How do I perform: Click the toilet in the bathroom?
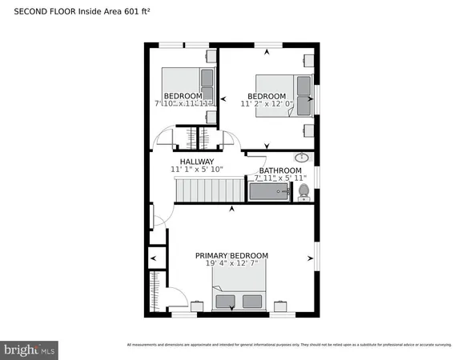coord(303,192)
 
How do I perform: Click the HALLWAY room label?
coord(196,161)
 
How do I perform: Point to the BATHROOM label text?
coord(280,170)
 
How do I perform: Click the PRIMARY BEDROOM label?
coord(231,256)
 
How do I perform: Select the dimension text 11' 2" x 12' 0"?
coord(267,103)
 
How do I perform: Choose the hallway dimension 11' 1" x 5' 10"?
coord(196,170)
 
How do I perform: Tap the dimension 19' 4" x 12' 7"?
coord(231,265)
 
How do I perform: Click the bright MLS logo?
coord(30,349)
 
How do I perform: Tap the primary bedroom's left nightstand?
coord(197,306)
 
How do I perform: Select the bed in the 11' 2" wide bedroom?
coord(284,94)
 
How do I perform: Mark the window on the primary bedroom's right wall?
coord(317,258)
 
